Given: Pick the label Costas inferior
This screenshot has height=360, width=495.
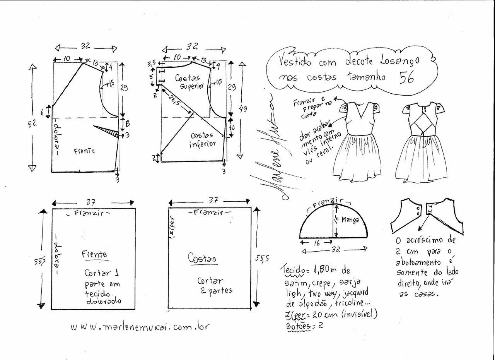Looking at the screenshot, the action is pyautogui.click(x=202, y=140).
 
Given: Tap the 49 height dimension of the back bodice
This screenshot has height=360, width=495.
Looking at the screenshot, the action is pyautogui.click(x=240, y=108).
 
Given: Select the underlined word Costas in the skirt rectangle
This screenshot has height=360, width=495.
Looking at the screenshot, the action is pyautogui.click(x=202, y=258).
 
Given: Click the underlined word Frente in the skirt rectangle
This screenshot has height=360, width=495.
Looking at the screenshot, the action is pyautogui.click(x=94, y=254).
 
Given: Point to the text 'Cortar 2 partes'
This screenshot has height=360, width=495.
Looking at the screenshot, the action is pyautogui.click(x=215, y=285).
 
